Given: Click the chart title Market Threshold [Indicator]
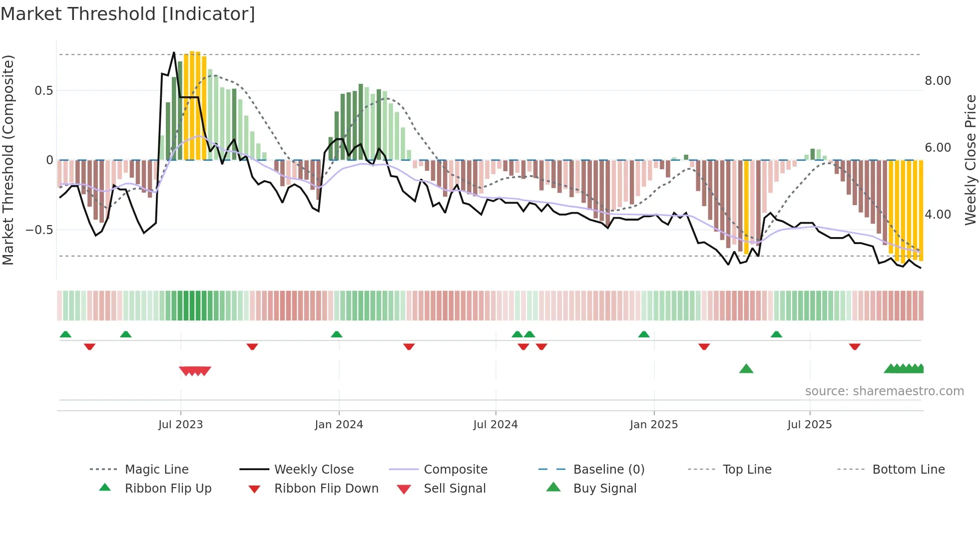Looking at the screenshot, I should [x=128, y=14].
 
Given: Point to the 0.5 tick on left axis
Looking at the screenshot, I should [x=43, y=90].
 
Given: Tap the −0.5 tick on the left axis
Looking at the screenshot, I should [x=39, y=230].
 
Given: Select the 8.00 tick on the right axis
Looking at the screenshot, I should [x=938, y=81].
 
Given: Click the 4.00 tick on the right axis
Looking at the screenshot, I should [x=938, y=215].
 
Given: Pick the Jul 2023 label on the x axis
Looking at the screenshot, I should [x=180, y=425].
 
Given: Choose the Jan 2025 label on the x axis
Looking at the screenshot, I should [x=653, y=425].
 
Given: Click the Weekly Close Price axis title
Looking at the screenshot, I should [x=970, y=160].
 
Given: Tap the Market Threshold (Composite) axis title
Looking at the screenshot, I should [x=8, y=160].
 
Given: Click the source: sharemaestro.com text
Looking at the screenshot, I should [x=884, y=391].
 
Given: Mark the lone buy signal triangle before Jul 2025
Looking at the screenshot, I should [x=746, y=369].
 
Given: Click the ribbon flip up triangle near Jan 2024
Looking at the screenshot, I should [x=337, y=334].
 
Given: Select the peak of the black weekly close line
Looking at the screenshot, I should [x=174, y=52].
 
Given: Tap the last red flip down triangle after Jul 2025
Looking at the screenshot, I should [x=855, y=346].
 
